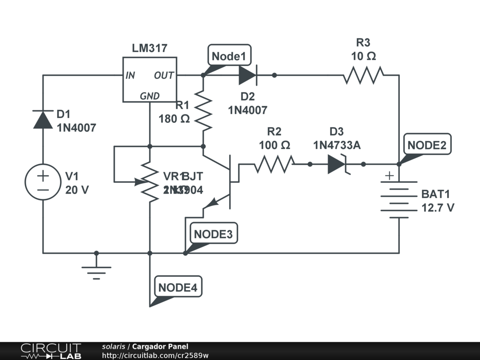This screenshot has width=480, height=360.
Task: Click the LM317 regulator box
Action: tap(150, 80)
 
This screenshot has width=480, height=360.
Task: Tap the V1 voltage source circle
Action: tap(43, 182)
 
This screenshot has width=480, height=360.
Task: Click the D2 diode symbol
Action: tap(247, 75)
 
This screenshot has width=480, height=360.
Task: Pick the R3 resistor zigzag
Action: tap(363, 75)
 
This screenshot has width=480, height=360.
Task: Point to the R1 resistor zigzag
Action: tap(203, 111)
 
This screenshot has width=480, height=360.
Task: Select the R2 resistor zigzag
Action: tap(274, 164)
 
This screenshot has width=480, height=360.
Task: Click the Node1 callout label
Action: tap(229, 56)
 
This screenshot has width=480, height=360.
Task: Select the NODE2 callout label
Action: tap(426, 145)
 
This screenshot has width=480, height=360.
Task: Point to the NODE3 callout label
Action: tap(213, 234)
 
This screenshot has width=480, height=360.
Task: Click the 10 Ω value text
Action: tap(363, 56)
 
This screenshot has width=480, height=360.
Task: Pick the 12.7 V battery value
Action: tap(437, 208)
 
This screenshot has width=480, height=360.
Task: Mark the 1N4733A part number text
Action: tap(337, 145)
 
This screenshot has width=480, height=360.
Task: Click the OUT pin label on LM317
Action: tap(164, 75)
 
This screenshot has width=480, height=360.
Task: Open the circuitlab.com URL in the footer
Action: tap(155, 355)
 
